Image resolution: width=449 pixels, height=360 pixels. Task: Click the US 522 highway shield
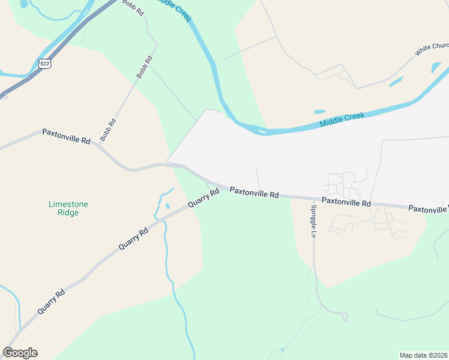(x=44, y=63)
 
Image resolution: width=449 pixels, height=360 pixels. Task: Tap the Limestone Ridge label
(x=68, y=208)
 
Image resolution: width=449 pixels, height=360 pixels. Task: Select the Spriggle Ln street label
(x=313, y=221)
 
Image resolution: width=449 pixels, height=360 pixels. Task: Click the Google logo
(x=20, y=353)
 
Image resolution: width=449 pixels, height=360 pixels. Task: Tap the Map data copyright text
(x=423, y=355)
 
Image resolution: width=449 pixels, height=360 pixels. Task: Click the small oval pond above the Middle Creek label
(x=319, y=112)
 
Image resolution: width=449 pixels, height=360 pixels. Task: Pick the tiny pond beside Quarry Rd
(x=167, y=206)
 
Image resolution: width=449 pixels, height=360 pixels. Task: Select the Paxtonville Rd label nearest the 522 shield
(x=66, y=136)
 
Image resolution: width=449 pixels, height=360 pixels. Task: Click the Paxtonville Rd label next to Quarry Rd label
(x=255, y=193)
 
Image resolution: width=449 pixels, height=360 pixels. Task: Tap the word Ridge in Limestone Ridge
(x=68, y=212)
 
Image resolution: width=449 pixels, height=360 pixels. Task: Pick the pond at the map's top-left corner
(x=23, y=4)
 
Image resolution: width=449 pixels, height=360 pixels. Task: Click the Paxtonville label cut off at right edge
(x=429, y=209)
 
